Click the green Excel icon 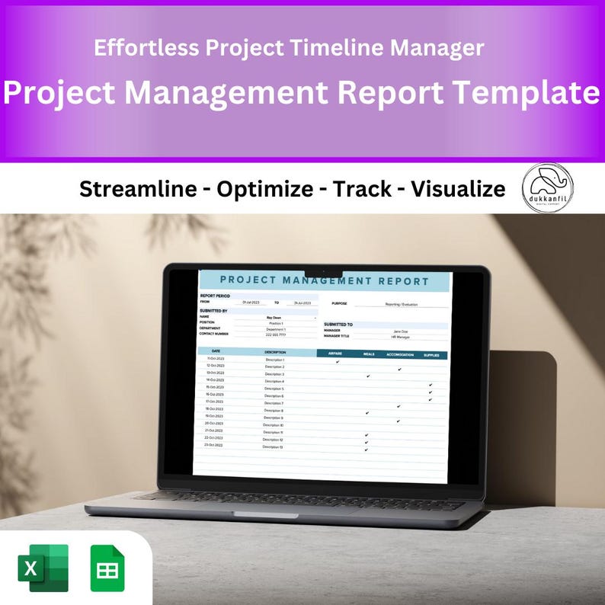(x=43, y=568)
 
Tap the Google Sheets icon (x=107, y=568)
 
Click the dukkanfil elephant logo (x=548, y=187)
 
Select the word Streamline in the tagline (x=138, y=189)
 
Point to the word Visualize (x=458, y=189)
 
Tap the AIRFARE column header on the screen (x=335, y=354)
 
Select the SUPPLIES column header (x=431, y=355)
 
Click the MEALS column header (x=369, y=354)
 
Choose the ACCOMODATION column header (x=400, y=355)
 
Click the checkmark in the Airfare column (x=337, y=362)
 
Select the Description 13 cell (x=274, y=447)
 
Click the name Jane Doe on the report (x=400, y=331)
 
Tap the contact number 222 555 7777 (x=276, y=335)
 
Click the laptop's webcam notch (x=324, y=272)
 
